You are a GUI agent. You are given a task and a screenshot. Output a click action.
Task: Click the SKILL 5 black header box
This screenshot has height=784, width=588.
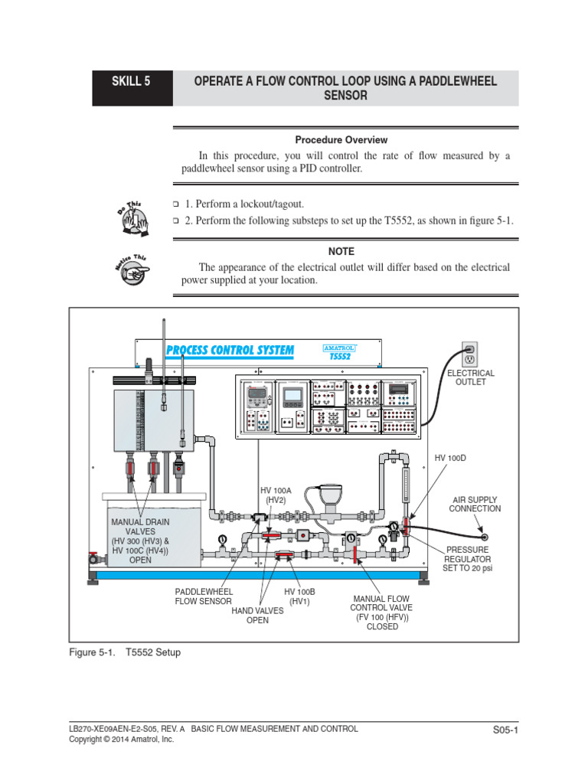pyautogui.click(x=132, y=88)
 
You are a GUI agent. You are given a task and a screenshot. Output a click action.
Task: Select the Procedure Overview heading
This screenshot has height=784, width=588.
pyautogui.click(x=341, y=140)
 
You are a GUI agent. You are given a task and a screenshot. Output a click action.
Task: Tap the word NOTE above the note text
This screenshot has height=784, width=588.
pyautogui.click(x=341, y=251)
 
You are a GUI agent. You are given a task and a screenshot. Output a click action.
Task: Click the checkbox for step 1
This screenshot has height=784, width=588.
pyautogui.click(x=175, y=204)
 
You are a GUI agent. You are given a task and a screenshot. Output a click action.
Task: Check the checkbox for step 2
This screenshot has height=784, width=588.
pyautogui.click(x=175, y=220)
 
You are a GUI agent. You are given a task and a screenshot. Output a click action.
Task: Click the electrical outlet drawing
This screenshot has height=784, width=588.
pyautogui.click(x=470, y=354)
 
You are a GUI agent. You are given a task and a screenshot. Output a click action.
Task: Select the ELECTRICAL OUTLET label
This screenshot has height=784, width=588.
pyautogui.click(x=471, y=377)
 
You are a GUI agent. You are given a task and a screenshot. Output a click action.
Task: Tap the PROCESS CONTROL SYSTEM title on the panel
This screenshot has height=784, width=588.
pyautogui.click(x=230, y=351)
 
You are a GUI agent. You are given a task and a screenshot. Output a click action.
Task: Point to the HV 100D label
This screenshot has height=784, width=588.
pyautogui.click(x=450, y=458)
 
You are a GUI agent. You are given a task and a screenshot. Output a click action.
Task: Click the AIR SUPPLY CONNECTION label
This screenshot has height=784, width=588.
pyautogui.click(x=475, y=503)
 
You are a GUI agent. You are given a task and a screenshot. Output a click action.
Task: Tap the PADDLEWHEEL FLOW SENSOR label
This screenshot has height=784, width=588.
pyautogui.click(x=204, y=596)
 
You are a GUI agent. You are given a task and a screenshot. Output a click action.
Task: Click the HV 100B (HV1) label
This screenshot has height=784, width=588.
pyautogui.click(x=299, y=596)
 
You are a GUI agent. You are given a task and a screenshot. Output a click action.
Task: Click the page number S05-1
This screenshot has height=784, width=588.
pyautogui.click(x=506, y=730)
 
